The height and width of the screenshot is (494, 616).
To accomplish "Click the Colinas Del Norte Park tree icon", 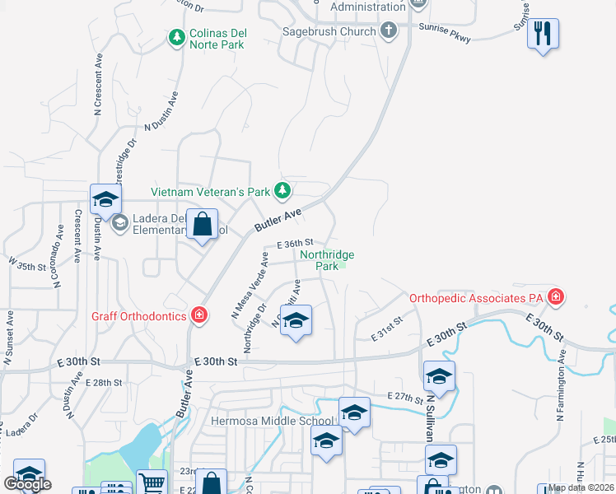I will tap(176, 38).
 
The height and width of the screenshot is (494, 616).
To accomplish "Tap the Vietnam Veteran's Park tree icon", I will tap(282, 191).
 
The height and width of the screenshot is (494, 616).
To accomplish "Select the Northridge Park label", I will tap(327, 260).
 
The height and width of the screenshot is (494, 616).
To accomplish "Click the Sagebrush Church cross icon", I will tap(389, 31).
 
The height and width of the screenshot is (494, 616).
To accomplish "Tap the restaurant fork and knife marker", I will tap(542, 34).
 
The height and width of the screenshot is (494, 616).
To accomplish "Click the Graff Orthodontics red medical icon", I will tap(198, 314).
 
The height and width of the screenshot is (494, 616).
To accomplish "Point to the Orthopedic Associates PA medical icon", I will tap(557, 296).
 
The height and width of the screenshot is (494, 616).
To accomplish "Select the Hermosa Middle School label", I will tap(271, 421).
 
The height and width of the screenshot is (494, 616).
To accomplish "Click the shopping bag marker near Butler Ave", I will tap(203, 224).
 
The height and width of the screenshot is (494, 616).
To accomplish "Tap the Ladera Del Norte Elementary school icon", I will tap(119, 222).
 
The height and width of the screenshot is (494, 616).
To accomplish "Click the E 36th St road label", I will tap(295, 243).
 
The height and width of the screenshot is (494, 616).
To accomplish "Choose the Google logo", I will tap(27, 484).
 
